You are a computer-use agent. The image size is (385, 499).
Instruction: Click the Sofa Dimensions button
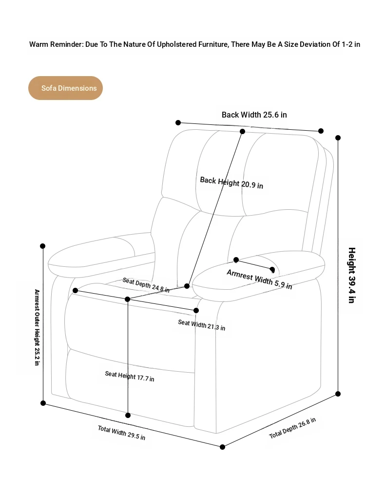click(65, 88)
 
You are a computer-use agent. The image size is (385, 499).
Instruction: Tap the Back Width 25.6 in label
click(254, 115)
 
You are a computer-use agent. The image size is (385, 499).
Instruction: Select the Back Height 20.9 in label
click(231, 182)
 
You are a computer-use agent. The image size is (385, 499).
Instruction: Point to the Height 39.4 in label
click(352, 275)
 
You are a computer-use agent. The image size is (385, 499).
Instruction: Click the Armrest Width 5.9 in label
click(259, 279)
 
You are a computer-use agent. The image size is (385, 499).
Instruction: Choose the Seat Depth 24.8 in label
click(146, 285)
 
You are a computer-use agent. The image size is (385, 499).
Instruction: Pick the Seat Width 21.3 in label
click(202, 325)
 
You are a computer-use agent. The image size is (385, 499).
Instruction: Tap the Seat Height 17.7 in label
click(130, 376)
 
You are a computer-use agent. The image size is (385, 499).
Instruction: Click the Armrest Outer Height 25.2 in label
click(37, 327)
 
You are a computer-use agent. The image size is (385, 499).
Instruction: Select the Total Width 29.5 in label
click(121, 433)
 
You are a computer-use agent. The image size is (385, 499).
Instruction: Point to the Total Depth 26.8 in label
click(292, 428)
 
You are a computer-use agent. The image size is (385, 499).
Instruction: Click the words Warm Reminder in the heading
click(56, 44)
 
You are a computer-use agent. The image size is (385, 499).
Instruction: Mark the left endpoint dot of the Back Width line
click(178, 122)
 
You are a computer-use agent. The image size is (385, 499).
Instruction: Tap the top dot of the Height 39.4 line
click(338, 138)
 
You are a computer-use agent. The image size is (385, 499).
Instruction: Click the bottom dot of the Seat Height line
click(128, 415)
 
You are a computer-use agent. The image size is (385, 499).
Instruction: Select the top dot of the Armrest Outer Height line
click(42, 246)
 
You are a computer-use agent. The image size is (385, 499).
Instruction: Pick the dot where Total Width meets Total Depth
click(223, 447)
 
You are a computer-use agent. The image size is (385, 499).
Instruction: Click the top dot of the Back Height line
click(242, 131)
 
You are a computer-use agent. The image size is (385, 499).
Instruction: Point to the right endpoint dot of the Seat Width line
click(196, 311)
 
